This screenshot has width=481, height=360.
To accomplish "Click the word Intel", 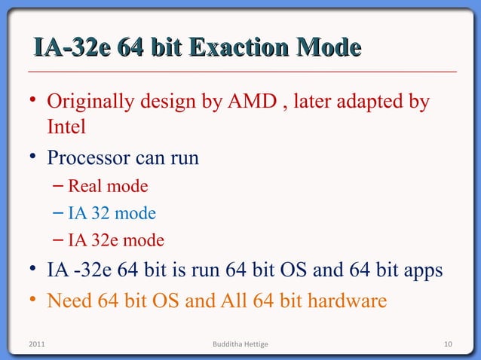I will point(66,127).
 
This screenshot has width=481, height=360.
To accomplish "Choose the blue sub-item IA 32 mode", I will point(112,213).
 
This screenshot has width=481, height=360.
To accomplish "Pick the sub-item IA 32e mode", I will point(115,241).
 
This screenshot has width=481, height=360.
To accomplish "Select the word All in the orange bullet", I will point(233,301).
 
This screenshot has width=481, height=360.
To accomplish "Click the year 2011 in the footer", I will point(35,344).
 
